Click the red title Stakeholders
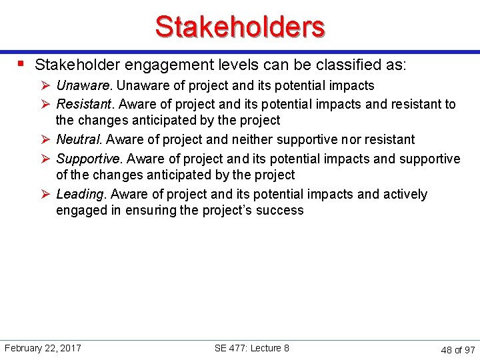pyautogui.click(x=240, y=27)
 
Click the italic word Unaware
pyautogui.click(x=85, y=85)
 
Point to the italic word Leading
pyautogui.click(x=82, y=194)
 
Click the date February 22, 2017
pyautogui.click(x=43, y=348)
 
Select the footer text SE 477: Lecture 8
pyautogui.click(x=252, y=348)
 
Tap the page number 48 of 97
pyautogui.click(x=458, y=349)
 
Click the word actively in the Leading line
pyautogui.click(x=405, y=194)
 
